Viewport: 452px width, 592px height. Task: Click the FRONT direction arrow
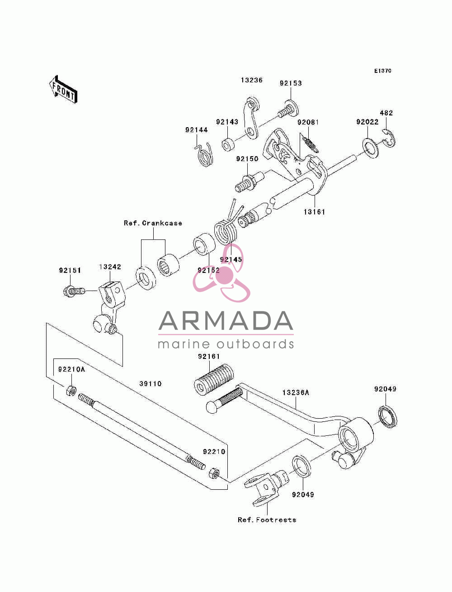63,89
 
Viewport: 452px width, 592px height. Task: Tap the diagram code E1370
382,71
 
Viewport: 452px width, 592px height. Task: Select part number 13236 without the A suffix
251,80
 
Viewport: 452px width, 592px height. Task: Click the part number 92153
291,83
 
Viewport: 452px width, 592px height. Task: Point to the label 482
386,113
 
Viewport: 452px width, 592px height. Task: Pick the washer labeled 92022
371,148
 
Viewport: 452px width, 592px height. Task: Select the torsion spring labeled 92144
204,155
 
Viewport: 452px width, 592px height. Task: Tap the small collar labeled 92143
228,144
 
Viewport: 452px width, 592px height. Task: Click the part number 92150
247,159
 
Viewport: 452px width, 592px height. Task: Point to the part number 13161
314,212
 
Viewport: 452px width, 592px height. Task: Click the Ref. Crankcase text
153,223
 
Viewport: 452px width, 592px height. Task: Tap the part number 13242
110,267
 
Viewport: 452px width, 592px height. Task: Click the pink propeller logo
221,273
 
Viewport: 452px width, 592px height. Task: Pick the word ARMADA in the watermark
226,321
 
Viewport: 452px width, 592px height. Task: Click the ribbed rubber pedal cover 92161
214,379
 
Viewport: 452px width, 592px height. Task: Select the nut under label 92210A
71,391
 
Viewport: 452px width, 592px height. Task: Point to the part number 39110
151,384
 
